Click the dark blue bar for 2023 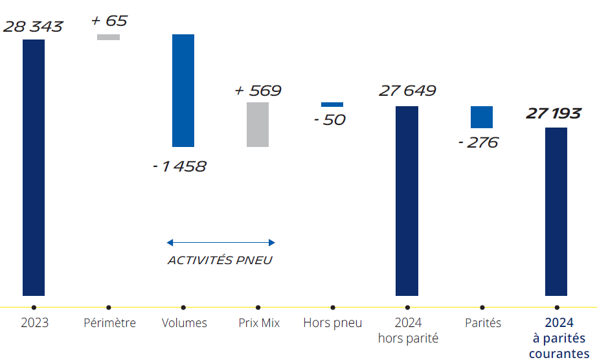34,168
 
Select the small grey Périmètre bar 108,37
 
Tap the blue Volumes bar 183,91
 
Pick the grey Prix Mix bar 258,124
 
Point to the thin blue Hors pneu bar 332,104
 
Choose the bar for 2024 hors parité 407,201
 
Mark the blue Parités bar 482,117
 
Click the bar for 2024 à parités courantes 556,212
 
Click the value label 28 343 33,27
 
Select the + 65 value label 109,21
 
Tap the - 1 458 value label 179,166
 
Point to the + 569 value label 258,91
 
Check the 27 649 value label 407,91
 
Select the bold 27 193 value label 554,114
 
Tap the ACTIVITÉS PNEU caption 220,260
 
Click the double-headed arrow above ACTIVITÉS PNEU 221,243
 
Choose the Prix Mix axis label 258,322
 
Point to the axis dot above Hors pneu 333,308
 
